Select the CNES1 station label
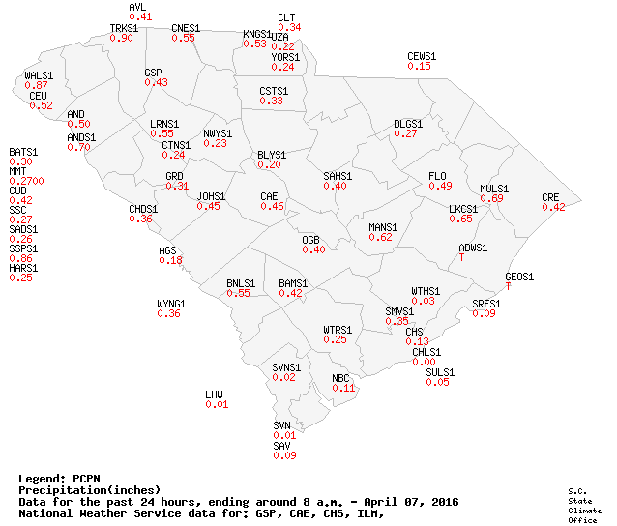pos(186,28)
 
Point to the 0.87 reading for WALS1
pos(37,86)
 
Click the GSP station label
pos(153,73)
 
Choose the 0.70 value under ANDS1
pos(78,148)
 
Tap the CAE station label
pos(269,196)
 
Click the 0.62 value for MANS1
pos(381,237)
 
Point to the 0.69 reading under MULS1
pos(492,198)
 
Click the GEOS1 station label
pos(519,277)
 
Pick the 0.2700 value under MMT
pos(26,181)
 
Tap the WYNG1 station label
pos(171,304)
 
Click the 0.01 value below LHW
pos(217,404)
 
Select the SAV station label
pos(282,446)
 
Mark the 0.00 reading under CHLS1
pos(425,362)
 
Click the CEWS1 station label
pos(422,56)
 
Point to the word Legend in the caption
pos(43,479)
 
